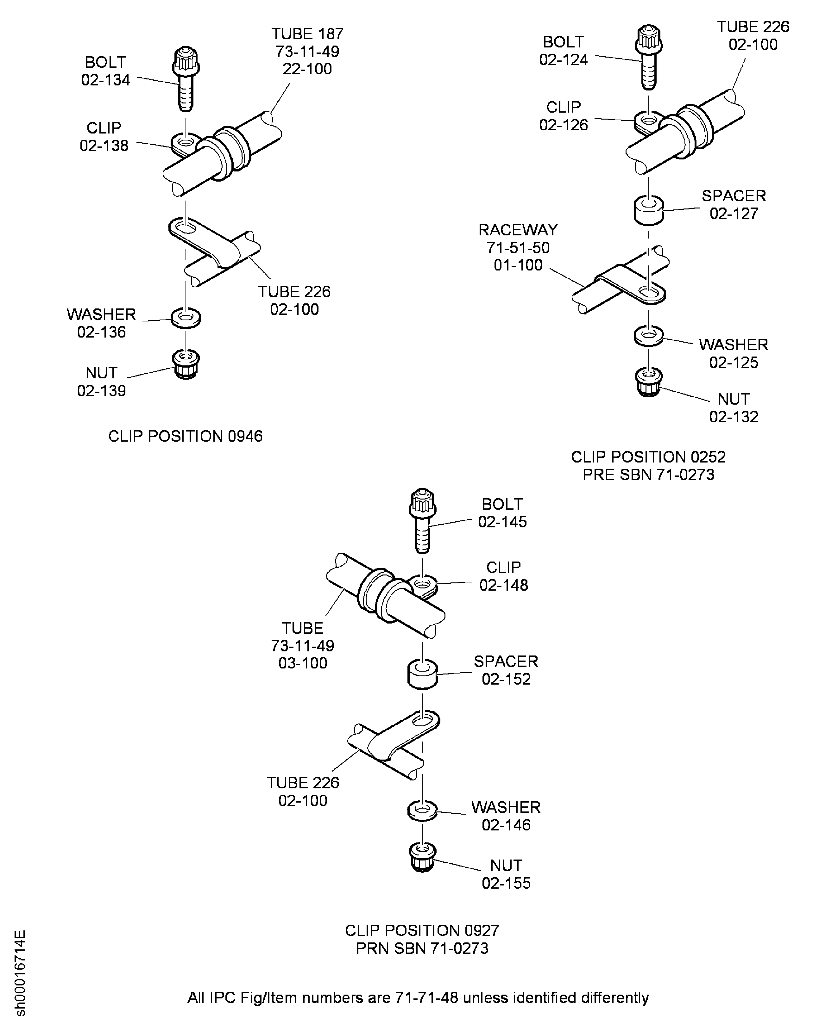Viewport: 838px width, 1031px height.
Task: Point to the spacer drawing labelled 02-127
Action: pos(648,210)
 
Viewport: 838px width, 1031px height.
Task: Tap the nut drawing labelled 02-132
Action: pos(648,382)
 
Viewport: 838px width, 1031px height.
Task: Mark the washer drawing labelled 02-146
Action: pos(422,811)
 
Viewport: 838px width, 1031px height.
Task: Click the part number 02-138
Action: pos(104,146)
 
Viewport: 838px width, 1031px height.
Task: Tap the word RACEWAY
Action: pos(518,230)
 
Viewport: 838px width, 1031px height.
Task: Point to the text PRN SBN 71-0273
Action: pos(422,948)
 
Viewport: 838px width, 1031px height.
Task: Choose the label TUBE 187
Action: pos(307,34)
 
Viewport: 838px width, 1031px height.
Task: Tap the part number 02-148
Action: pos(503,585)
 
